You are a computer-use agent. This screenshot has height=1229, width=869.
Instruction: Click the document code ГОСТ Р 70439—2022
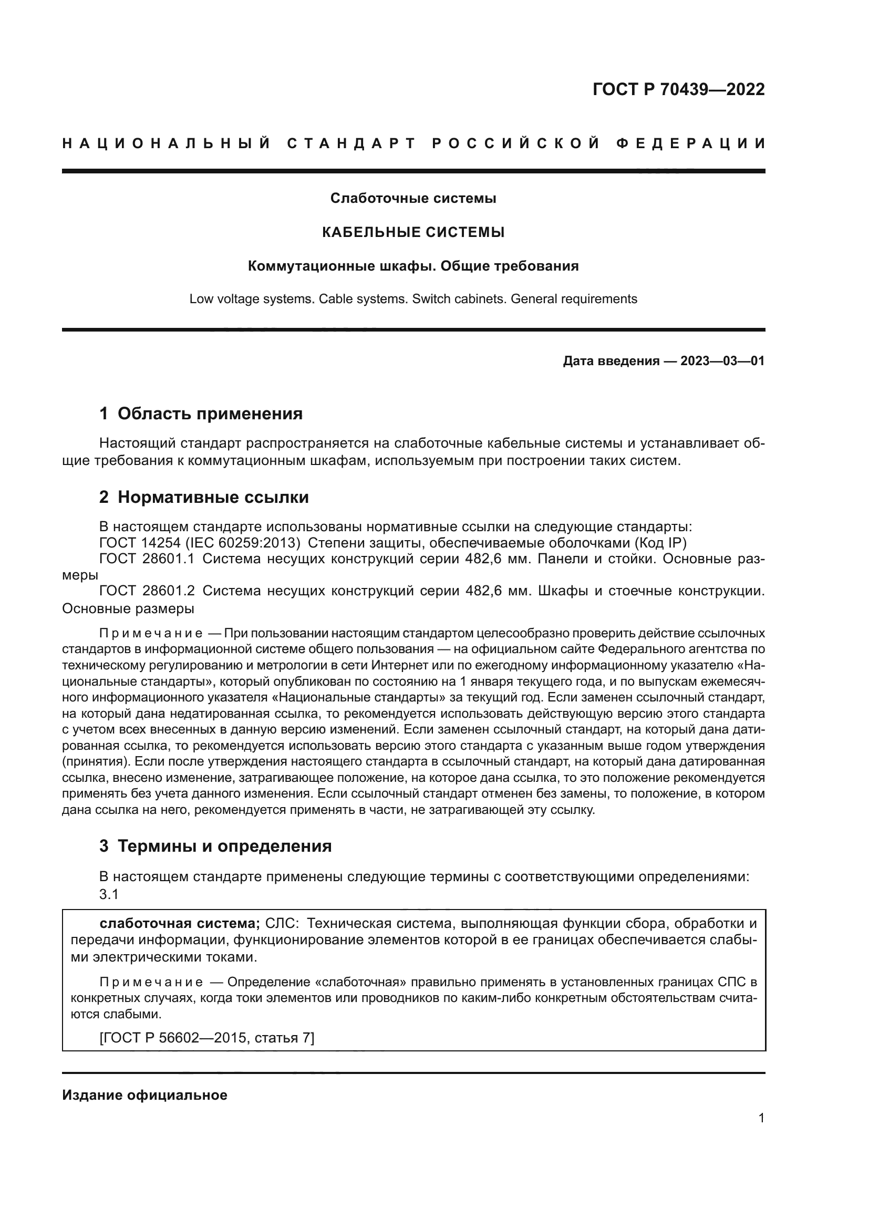coord(678,89)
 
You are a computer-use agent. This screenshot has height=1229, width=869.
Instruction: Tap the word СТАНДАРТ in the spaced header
coord(351,143)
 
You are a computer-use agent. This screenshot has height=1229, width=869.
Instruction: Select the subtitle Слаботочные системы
coord(412,199)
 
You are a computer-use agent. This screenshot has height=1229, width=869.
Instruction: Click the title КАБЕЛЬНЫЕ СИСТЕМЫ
coord(412,232)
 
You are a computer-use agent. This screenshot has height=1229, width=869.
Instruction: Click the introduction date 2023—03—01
coord(722,362)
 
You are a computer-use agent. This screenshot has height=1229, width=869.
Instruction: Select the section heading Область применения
coord(210,414)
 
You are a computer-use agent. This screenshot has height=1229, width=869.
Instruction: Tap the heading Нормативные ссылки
coord(213,497)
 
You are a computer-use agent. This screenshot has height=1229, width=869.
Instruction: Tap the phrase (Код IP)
coord(660,543)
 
